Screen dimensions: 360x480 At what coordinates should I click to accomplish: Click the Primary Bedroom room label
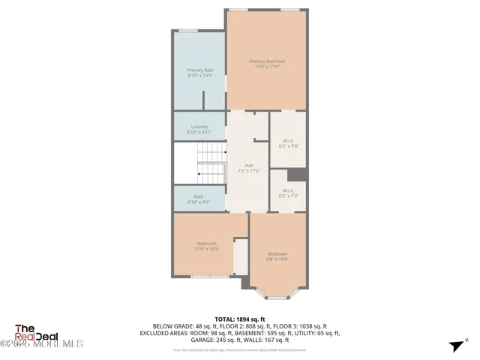tap(267, 64)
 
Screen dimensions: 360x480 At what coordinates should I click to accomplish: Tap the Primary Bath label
tap(200, 73)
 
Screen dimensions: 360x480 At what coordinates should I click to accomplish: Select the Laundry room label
tap(199, 129)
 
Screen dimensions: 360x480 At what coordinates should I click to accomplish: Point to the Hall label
tap(248, 168)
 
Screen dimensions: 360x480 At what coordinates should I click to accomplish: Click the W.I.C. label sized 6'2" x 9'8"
tap(288, 143)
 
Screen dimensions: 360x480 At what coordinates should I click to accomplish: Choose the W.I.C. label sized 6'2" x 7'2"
tap(288, 192)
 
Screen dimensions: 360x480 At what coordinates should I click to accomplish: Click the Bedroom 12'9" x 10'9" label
tap(207, 246)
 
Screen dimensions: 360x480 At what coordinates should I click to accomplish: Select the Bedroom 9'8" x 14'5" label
tap(277, 256)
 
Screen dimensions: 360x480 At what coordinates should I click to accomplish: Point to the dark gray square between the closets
tap(297, 175)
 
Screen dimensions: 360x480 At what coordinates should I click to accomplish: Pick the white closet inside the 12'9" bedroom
tap(241, 257)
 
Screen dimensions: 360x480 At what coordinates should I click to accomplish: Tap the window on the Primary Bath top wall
tap(188, 31)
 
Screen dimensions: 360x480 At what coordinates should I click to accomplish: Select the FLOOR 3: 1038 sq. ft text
tap(311, 325)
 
